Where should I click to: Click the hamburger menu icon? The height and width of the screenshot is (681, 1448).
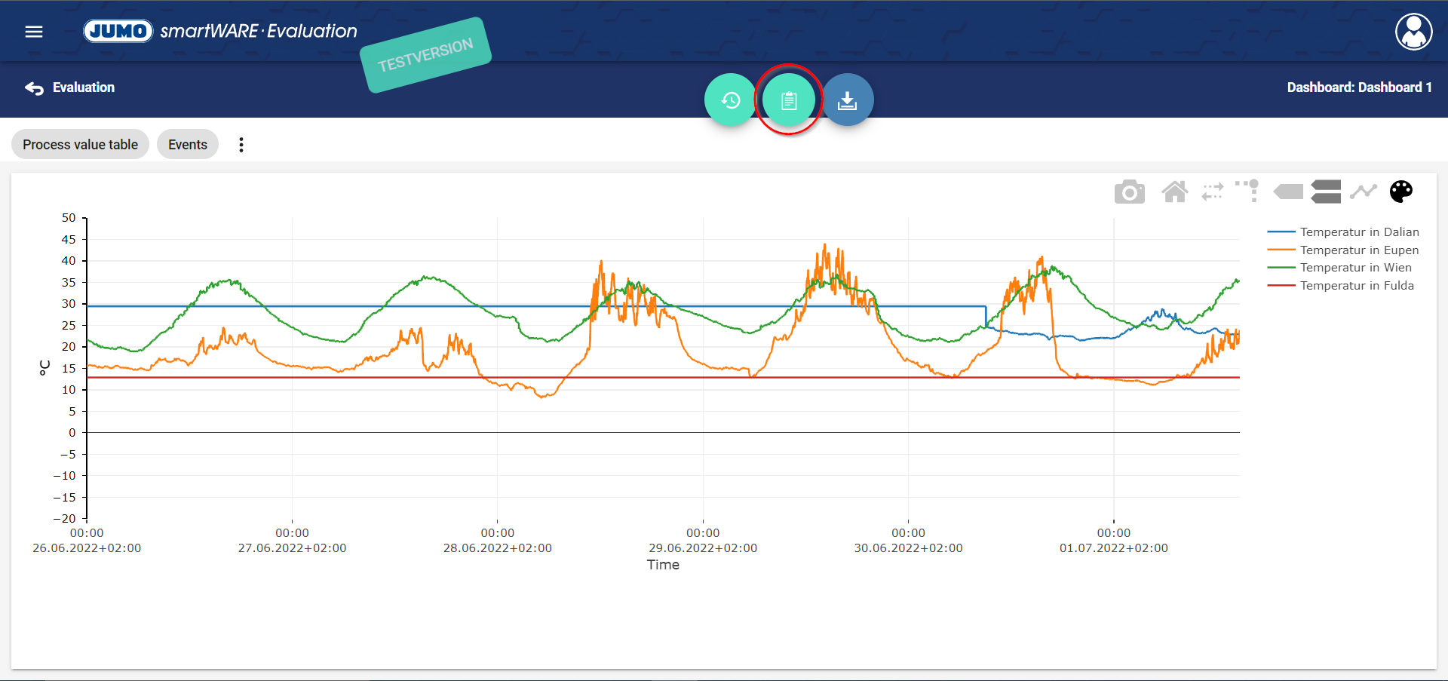(34, 32)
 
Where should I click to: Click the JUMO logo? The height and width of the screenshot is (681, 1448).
(118, 31)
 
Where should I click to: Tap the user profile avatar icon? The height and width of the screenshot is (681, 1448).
(1413, 32)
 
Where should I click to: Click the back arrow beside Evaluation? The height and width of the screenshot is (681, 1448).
(34, 88)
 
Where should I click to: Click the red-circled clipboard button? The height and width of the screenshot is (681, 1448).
(789, 100)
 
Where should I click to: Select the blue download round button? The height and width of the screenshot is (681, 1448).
(848, 100)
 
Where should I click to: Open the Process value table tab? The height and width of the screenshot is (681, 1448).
(80, 144)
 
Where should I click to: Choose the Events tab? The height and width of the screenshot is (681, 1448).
(188, 144)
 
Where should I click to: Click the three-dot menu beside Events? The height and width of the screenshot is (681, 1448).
(241, 145)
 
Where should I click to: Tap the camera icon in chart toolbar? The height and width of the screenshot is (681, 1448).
(1129, 192)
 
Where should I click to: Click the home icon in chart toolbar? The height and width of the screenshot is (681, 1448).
(1174, 192)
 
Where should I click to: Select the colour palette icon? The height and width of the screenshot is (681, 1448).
(1400, 192)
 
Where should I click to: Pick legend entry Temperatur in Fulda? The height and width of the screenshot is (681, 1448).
(1356, 286)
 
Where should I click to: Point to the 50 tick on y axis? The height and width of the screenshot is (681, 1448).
(69, 218)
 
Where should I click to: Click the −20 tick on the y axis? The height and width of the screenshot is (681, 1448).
(65, 519)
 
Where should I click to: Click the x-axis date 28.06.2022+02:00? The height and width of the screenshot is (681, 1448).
(498, 548)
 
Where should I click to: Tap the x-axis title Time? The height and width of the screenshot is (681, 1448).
(663, 565)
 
